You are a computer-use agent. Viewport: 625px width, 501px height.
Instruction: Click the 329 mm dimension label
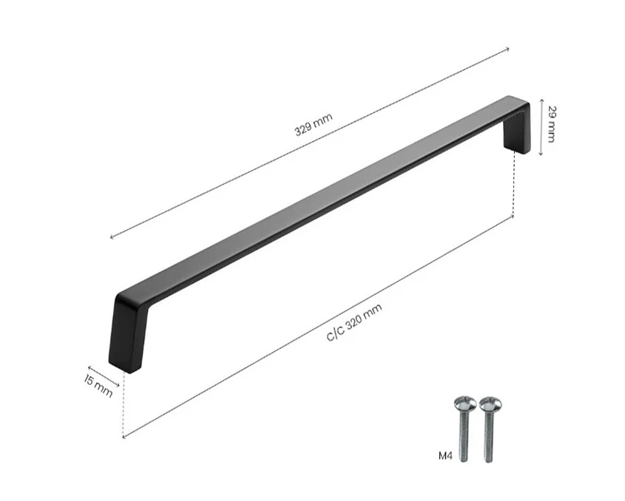314,125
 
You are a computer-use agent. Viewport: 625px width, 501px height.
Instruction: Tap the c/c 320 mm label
354,321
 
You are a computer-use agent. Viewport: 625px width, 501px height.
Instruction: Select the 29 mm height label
551,124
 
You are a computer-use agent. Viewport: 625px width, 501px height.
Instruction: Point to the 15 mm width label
98,386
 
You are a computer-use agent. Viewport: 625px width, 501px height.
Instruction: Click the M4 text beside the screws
445,456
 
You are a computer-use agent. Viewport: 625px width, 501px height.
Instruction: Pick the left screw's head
465,403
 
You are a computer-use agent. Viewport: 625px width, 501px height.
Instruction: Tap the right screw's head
490,403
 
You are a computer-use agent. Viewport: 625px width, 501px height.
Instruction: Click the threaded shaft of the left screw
464,436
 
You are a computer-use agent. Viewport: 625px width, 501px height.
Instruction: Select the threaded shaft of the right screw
489,437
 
